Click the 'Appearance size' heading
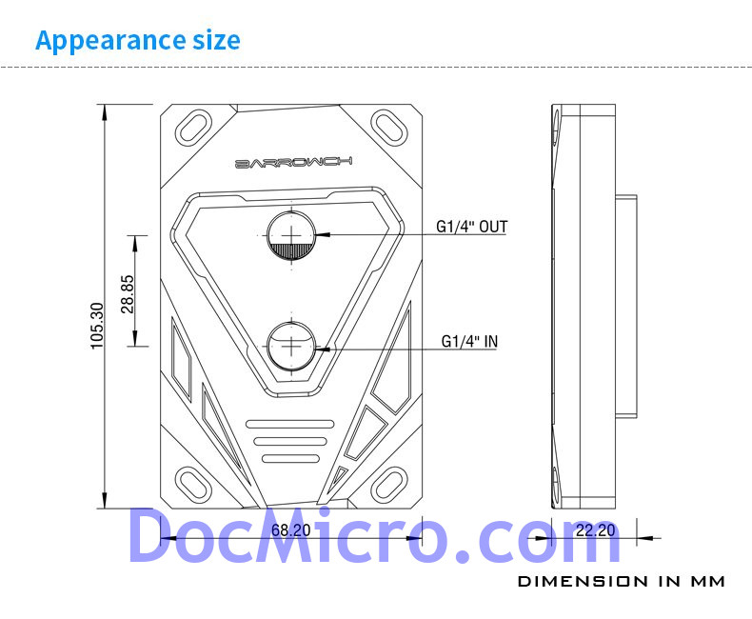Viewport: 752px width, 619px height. tap(137, 41)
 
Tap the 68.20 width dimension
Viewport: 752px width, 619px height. tap(290, 530)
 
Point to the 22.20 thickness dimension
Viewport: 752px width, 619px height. tap(595, 530)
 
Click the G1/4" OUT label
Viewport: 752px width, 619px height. tap(471, 227)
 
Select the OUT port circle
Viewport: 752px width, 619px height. tap(291, 234)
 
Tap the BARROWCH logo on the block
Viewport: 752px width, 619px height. tap(292, 163)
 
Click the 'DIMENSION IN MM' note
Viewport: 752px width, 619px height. tap(621, 580)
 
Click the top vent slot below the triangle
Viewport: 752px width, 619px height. tap(290, 424)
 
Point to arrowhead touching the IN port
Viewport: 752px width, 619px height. tap(324, 349)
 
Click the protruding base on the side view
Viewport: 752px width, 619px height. tap(624, 305)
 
